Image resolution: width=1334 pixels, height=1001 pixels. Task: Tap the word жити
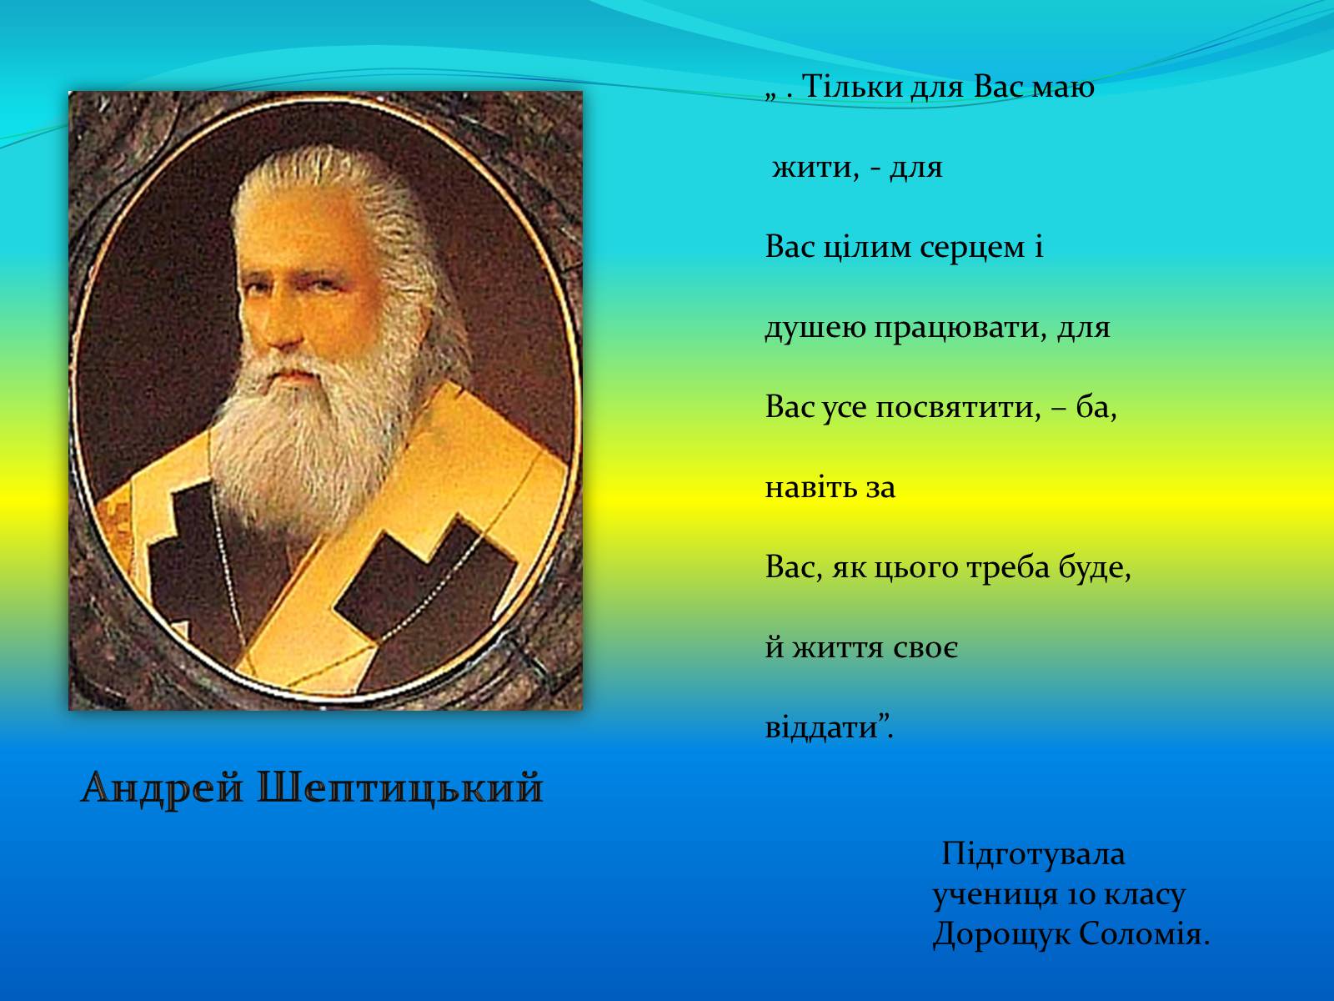(x=815, y=167)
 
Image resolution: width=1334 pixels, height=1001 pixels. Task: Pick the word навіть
(x=804, y=487)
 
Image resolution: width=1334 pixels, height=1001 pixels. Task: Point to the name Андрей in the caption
(x=163, y=788)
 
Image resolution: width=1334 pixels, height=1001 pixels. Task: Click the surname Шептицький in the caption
(x=400, y=788)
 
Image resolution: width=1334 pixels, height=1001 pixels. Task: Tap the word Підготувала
(x=1033, y=854)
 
